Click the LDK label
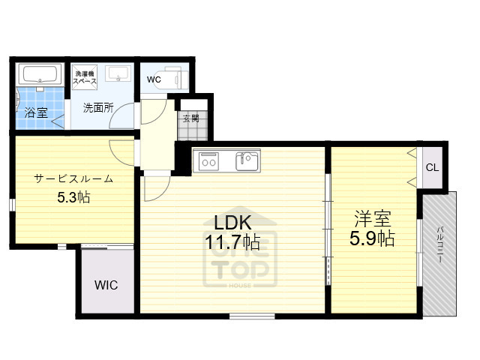pyautogui.click(x=232, y=223)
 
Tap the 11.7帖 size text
pyautogui.click(x=233, y=242)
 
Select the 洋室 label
pyautogui.click(x=373, y=220)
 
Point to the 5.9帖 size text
pyautogui.click(x=373, y=239)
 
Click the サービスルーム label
pyautogui.click(x=73, y=178)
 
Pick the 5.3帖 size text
pyautogui.click(x=73, y=198)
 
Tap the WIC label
pyautogui.click(x=106, y=285)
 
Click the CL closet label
pyautogui.click(x=432, y=167)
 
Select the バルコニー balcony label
pyautogui.click(x=439, y=244)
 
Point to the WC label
pyautogui.click(x=154, y=79)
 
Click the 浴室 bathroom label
pyautogui.click(x=36, y=113)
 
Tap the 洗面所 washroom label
pyautogui.click(x=97, y=107)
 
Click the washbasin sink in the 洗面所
pyautogui.click(x=118, y=74)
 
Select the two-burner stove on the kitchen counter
pyautogui.click(x=207, y=160)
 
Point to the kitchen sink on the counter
pyautogui.click(x=246, y=160)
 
